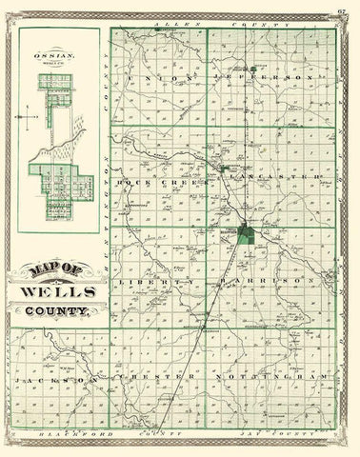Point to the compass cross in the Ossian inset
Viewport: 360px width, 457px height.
pyautogui.click(x=30, y=120)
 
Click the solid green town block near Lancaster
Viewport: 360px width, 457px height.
pyautogui.click(x=248, y=232)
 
